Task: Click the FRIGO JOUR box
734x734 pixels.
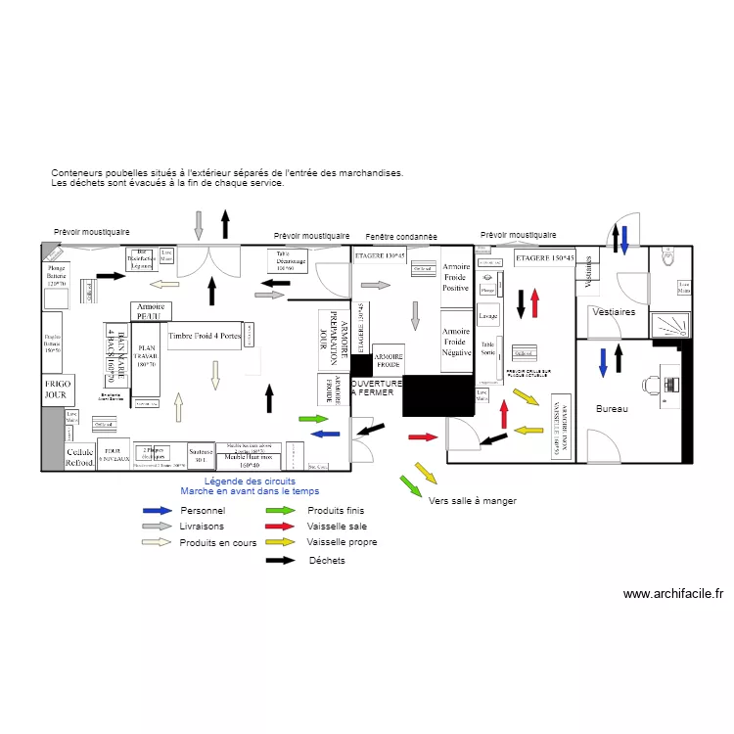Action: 57,390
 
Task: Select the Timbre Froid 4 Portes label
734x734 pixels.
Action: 205,336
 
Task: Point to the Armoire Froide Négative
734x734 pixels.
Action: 456,342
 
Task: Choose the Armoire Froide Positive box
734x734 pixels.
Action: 456,277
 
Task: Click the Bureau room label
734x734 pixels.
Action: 612,409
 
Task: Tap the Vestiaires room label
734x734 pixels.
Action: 613,312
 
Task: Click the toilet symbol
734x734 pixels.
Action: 669,257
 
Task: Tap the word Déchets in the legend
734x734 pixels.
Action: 327,561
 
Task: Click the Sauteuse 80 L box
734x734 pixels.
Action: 201,456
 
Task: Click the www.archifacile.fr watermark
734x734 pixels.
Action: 672,593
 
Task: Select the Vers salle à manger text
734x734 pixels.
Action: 472,501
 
